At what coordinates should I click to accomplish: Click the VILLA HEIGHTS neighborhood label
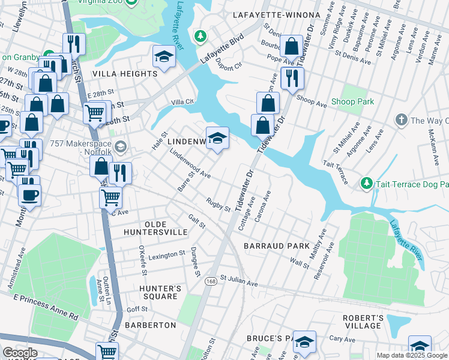124,74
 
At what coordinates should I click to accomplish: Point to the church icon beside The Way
401,121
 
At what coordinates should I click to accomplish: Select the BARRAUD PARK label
276,246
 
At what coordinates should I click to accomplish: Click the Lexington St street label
163,255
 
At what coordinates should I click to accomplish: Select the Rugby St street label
218,205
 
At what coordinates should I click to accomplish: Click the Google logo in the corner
20,352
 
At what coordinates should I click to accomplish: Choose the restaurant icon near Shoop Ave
292,77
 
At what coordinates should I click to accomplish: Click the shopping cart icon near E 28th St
95,112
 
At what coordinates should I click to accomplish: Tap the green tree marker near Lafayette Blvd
200,37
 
